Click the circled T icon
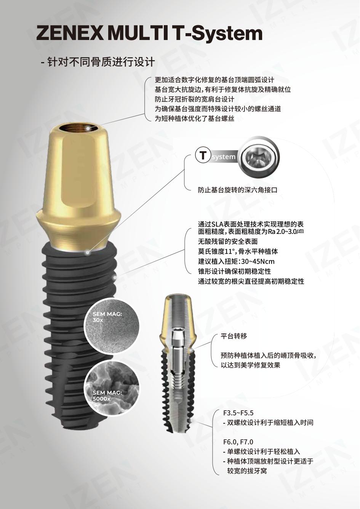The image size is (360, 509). point(203,156)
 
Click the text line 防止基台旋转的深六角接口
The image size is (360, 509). point(237,190)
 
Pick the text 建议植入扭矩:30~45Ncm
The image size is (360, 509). point(236,261)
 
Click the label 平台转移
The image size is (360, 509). point(234,336)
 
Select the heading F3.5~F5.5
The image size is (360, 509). point(238,413)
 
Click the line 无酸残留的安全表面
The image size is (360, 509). point(228,241)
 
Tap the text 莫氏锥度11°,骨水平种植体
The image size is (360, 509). point(238,251)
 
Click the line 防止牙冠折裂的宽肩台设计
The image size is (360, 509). point(194,99)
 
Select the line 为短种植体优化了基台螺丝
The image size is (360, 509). point(194,118)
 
